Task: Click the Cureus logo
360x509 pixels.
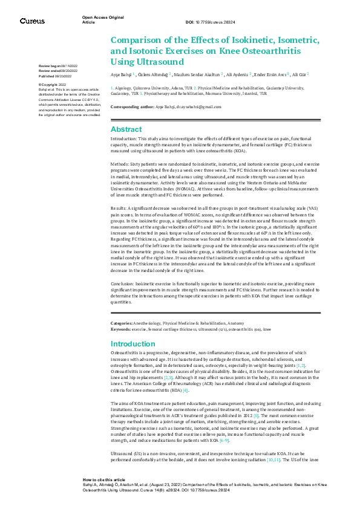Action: [32, 21]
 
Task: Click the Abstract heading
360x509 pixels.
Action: [126, 129]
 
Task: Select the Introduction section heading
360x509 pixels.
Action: [133, 343]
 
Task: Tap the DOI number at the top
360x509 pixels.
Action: [209, 22]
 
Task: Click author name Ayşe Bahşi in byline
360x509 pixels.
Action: [121, 74]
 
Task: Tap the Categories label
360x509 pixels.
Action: [123, 325]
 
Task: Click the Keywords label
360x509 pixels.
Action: [121, 329]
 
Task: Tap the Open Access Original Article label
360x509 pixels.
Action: [99, 20]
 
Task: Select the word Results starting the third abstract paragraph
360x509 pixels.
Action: [120, 206]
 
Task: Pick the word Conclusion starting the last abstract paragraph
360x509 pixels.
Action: [123, 282]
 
